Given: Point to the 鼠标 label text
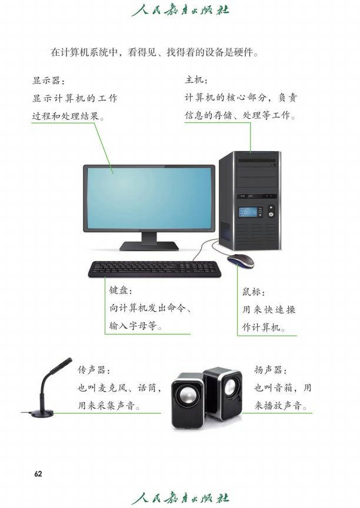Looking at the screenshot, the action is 254,292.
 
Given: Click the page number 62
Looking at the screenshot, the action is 38,474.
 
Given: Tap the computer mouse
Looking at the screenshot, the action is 241,260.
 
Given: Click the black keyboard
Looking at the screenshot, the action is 154,269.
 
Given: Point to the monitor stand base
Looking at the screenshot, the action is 149,246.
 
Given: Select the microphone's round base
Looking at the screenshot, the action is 42,413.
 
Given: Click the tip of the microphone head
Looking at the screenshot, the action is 70,359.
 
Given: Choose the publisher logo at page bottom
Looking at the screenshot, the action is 181,497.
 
